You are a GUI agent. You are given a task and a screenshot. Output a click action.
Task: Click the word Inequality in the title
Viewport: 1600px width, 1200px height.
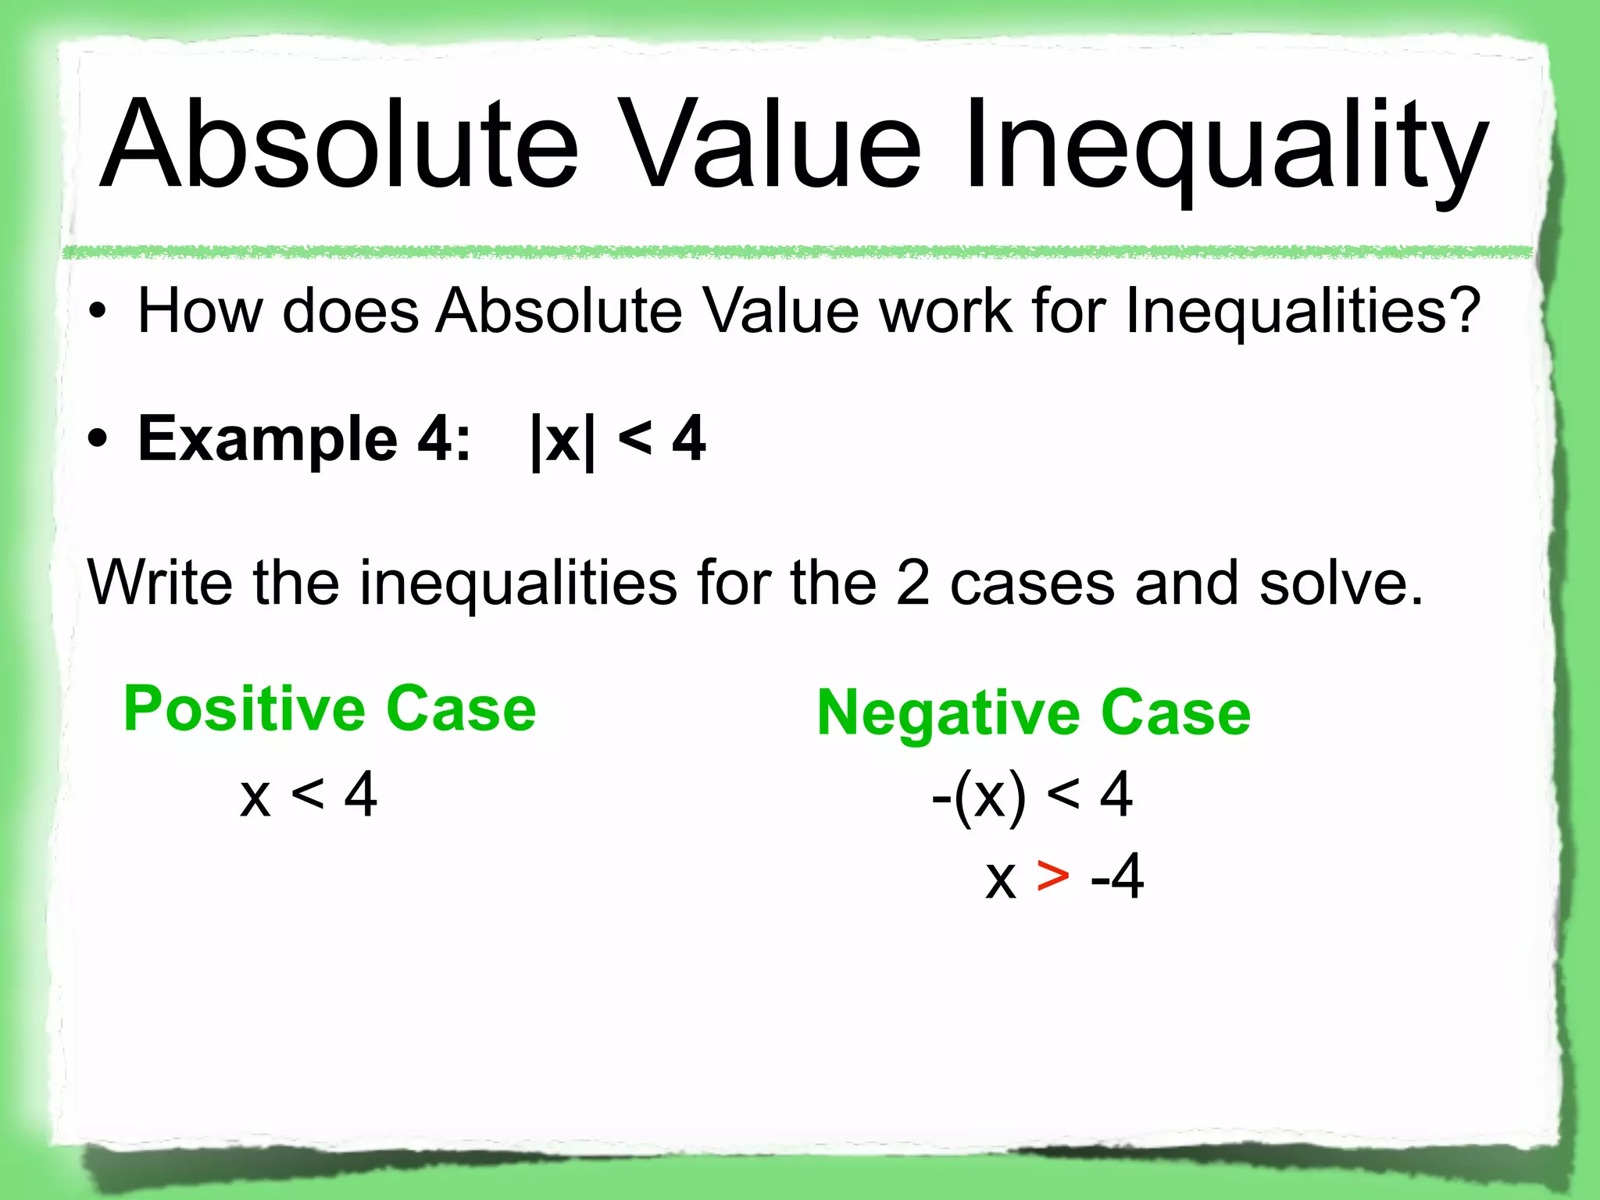1227,148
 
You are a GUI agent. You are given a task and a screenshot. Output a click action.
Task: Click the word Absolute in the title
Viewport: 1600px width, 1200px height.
340,145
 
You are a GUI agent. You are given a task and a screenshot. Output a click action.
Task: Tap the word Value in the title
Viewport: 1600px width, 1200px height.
773,145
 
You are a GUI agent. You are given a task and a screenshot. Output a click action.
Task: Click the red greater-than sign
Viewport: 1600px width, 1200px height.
1052,877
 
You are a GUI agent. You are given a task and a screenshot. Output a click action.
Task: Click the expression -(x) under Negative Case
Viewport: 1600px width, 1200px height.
978,795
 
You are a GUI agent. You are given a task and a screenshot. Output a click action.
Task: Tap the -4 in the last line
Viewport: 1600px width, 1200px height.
1117,877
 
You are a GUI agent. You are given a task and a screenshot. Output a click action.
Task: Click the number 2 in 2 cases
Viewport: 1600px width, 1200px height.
912,583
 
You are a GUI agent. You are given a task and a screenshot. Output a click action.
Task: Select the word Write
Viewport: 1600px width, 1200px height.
160,583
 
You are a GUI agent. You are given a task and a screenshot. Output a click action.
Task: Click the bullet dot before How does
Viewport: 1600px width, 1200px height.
97,312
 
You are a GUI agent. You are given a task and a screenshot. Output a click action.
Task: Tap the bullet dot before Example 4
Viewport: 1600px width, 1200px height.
97,441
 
